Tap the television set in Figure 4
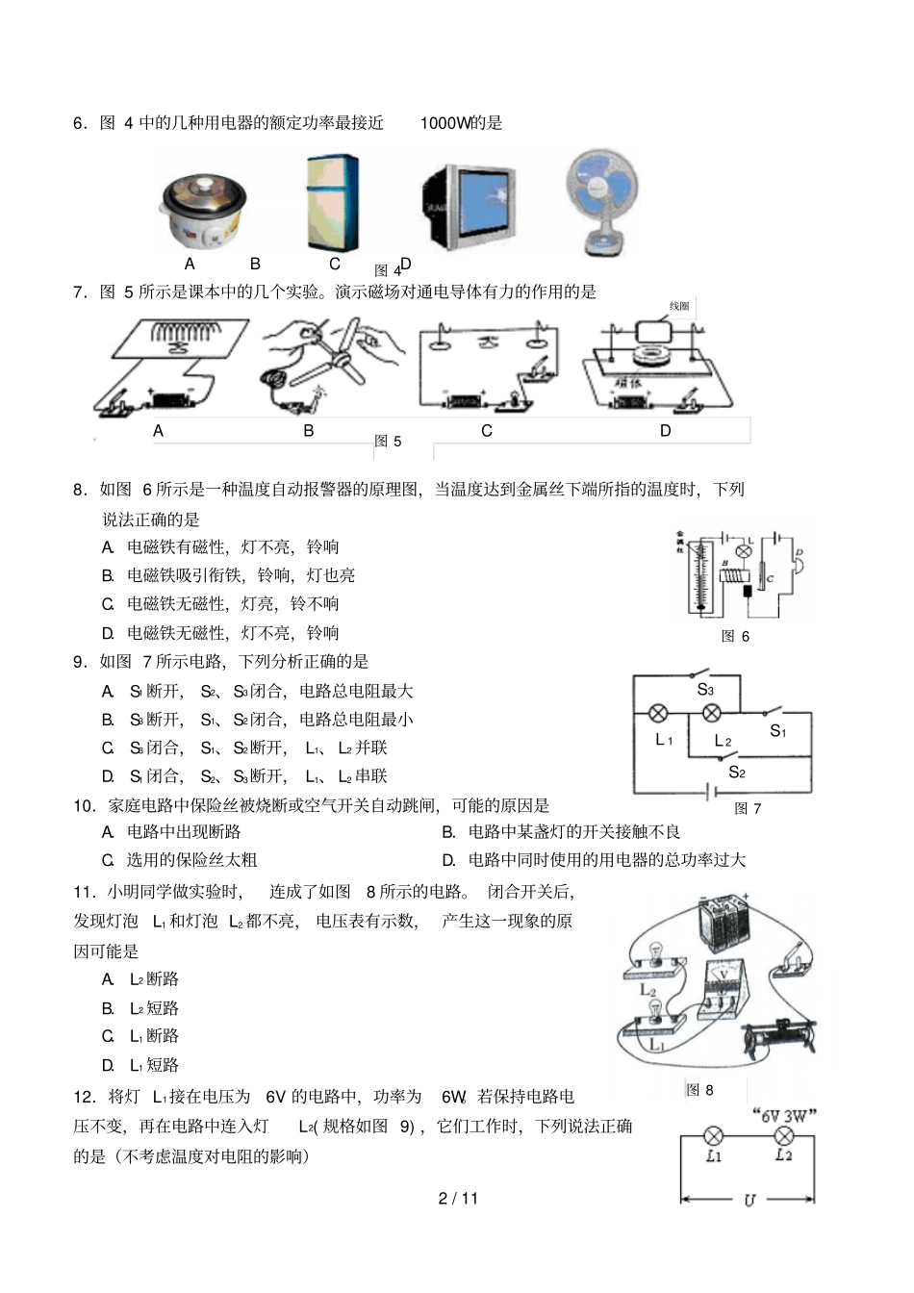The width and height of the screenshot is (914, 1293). tap(469, 205)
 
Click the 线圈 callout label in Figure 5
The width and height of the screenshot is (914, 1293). tap(679, 306)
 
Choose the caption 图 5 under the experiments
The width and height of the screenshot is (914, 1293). tap(388, 441)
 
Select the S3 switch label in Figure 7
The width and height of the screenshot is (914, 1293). tap(705, 690)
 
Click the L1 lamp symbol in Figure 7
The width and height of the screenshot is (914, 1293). tap(659, 714)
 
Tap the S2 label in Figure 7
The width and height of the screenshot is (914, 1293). tap(737, 772)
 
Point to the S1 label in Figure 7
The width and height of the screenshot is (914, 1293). tap(777, 732)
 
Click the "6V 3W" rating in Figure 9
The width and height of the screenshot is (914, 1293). tap(783, 1116)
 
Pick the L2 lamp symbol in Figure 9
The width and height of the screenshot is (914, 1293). tap(783, 1135)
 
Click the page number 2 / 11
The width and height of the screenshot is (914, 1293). tap(458, 1198)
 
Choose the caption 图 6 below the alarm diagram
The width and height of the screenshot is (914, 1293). tap(735, 636)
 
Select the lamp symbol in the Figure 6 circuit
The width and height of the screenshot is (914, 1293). tap(743, 551)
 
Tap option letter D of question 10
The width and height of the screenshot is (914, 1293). tap(448, 860)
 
